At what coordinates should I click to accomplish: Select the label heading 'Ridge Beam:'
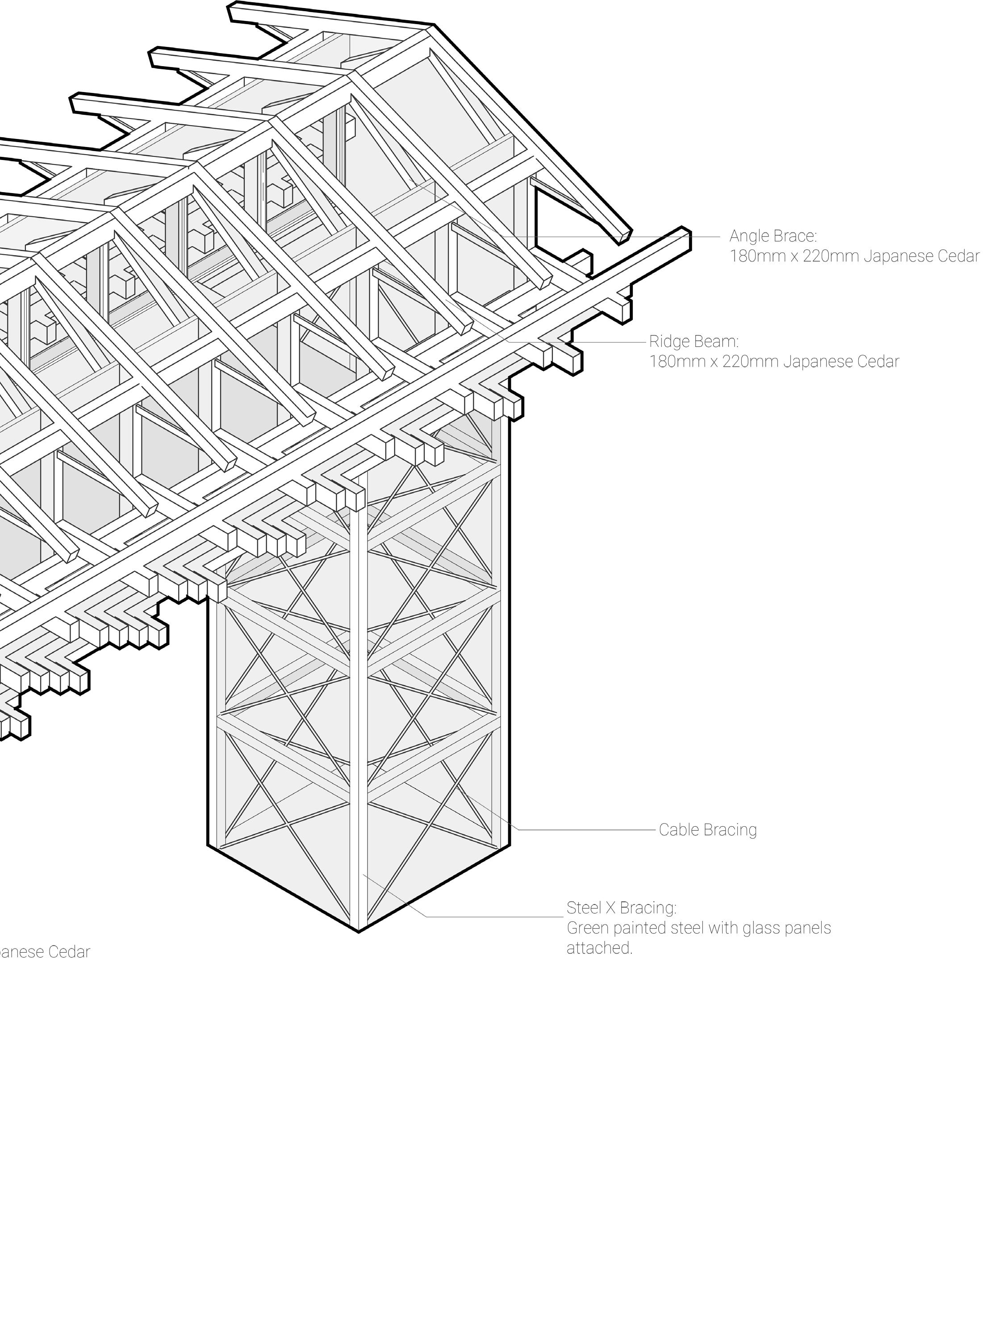pyautogui.click(x=694, y=342)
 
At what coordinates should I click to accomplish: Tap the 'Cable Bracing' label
pyautogui.click(x=707, y=830)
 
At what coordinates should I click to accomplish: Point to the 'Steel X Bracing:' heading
pyautogui.click(x=621, y=908)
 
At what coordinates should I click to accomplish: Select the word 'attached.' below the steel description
pyautogui.click(x=599, y=948)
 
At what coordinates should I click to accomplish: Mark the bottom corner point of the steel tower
pyautogui.click(x=359, y=931)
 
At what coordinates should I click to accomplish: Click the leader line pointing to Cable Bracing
pyautogui.click(x=587, y=830)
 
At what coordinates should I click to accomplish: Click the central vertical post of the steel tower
pyautogui.click(x=359, y=720)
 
